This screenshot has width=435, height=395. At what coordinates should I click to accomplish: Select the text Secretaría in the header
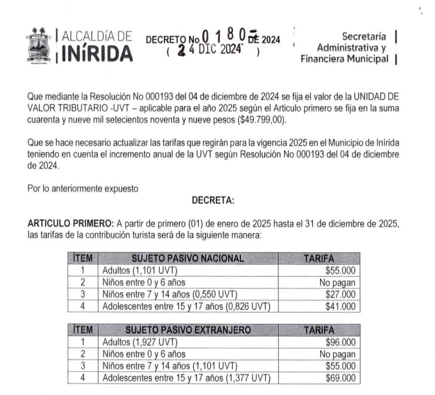[364, 37]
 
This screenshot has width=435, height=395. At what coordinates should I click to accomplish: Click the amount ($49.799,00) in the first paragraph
[262, 119]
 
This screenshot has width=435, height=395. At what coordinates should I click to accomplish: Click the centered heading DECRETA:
[213, 200]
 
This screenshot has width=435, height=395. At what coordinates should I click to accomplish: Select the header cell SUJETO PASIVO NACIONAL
[188, 258]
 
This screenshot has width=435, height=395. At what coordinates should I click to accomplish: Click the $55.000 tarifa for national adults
[340, 271]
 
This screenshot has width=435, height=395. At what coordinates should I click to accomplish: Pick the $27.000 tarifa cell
[340, 294]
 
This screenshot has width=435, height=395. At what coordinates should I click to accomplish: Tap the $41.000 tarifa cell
[340, 306]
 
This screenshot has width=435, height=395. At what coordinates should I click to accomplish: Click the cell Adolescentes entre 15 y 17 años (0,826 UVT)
[186, 306]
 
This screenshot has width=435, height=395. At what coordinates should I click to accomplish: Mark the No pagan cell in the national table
[337, 282]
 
